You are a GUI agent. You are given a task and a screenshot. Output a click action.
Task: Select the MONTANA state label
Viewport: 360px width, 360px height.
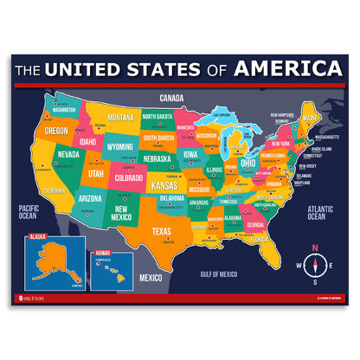(x=121, y=117)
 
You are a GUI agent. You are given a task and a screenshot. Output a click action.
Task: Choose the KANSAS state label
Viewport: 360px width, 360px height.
(x=164, y=185)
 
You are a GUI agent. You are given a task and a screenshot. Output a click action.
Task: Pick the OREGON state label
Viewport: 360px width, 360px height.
(x=56, y=131)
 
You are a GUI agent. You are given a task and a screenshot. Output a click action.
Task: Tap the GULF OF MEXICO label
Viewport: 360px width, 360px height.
(x=218, y=273)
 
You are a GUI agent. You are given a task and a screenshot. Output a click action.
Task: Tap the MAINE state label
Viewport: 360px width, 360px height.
(x=310, y=118)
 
